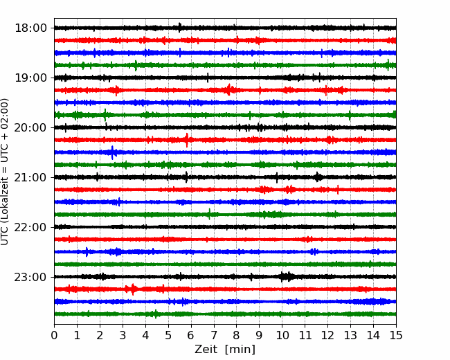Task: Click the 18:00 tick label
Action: tap(31, 28)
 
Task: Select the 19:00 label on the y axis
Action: tap(31, 78)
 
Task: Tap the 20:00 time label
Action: tap(31, 127)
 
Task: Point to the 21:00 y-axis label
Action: tap(31, 177)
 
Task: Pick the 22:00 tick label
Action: tap(31, 227)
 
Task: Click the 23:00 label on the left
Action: tap(31, 277)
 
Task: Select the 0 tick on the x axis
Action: tap(54, 335)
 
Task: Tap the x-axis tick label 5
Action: tap(168, 335)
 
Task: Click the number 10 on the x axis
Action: tap(282, 335)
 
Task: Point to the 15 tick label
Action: tap(396, 335)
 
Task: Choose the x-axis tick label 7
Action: tap(214, 335)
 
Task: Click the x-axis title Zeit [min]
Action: tap(225, 350)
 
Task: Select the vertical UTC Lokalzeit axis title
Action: tap(5, 172)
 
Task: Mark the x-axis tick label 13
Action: tap(350, 335)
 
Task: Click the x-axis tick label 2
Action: tap(100, 335)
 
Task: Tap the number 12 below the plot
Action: tap(327, 335)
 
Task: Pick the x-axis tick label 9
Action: tap(260, 335)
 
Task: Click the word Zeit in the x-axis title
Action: tap(206, 349)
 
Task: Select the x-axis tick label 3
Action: tap(123, 335)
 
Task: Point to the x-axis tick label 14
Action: tap(373, 335)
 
